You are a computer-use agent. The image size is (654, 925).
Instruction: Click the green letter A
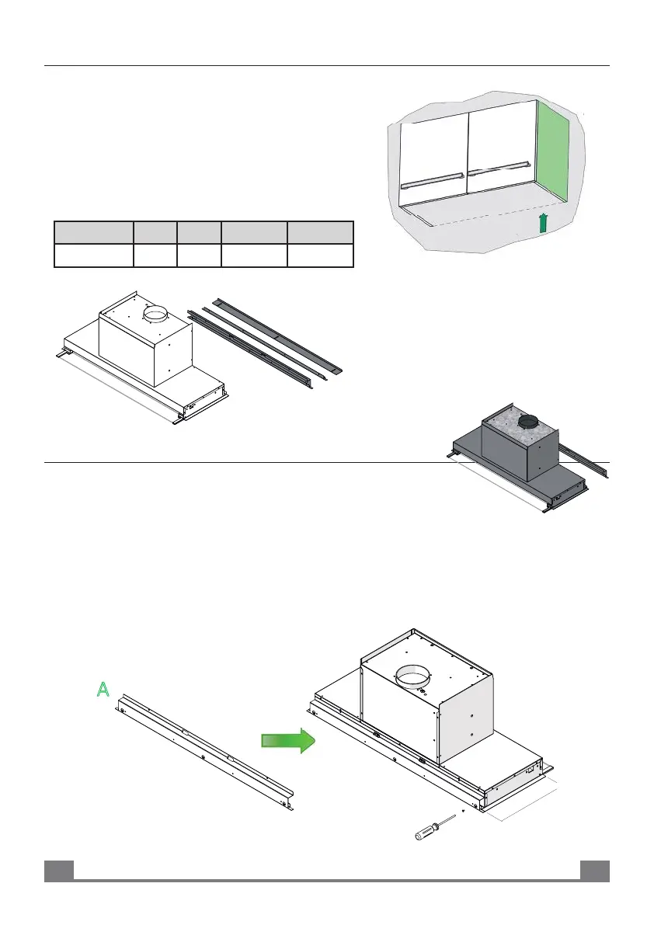(x=102, y=689)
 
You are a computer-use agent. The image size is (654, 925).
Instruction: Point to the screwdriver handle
(x=426, y=834)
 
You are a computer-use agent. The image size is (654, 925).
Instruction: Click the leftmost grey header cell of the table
(x=92, y=232)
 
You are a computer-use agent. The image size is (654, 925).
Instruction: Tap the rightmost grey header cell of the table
(x=320, y=232)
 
